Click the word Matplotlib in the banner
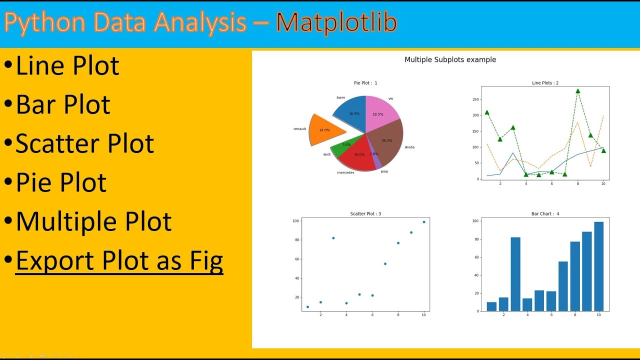[x=336, y=22]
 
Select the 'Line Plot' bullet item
[x=67, y=66]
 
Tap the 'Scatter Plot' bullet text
[x=84, y=143]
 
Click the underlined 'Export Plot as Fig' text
[x=119, y=260]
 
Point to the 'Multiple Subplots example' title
[x=450, y=59]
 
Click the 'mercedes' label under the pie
[x=345, y=172]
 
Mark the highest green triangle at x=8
[x=577, y=91]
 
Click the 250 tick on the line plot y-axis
[x=476, y=99]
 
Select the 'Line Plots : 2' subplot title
[x=545, y=83]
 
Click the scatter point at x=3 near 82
[x=333, y=238]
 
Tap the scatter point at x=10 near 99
[x=424, y=222]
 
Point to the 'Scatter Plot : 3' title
[x=365, y=214]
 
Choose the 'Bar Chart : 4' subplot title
[x=545, y=214]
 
